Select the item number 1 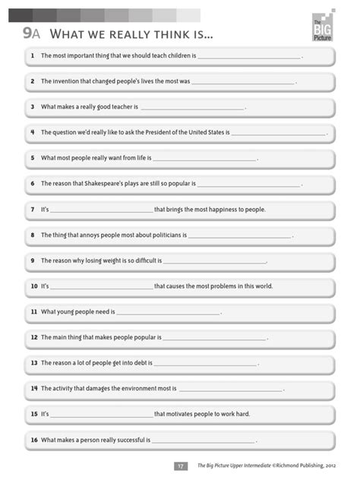pos(33,56)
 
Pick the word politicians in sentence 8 pos(159,235)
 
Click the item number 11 pos(33,312)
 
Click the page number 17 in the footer pos(180,466)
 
